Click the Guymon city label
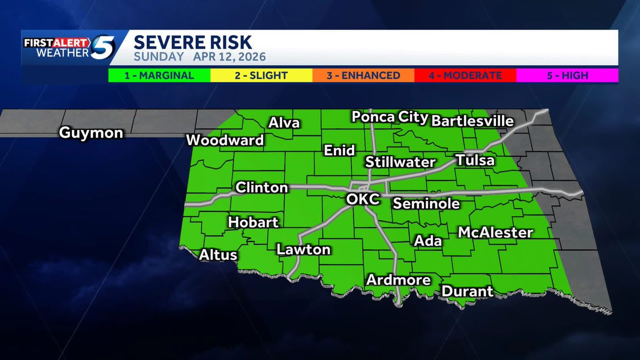coord(91,133)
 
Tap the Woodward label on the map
coord(225,140)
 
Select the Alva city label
coord(284,123)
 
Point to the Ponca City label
coord(390,117)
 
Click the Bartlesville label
coord(472,121)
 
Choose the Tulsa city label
coord(475,160)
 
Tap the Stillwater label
coord(401,162)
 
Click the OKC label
coord(363,199)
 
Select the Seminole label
coord(426,203)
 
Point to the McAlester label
coord(495,233)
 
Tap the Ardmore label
coord(398,280)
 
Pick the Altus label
coord(218,255)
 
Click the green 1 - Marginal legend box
coord(159,75)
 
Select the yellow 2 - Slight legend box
coord(261,75)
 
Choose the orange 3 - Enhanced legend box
coord(363,75)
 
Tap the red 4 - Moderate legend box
coord(465,75)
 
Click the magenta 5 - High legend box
coord(567,75)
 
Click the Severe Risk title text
coord(193,42)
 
